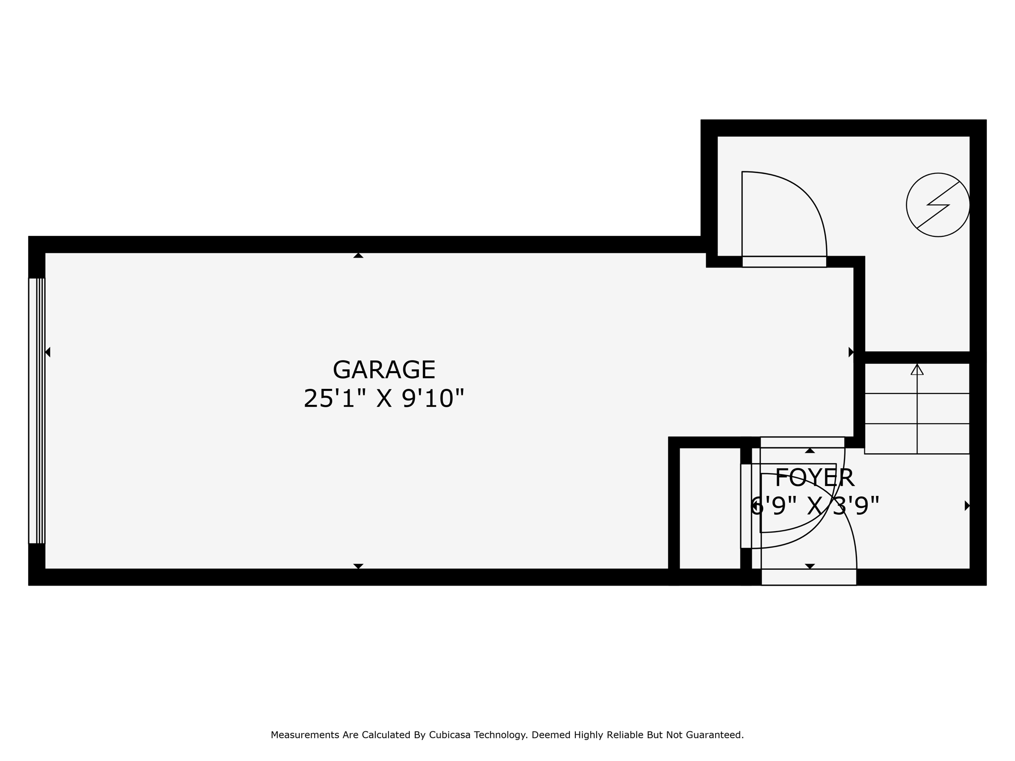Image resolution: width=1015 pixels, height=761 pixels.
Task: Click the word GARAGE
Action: (384, 370)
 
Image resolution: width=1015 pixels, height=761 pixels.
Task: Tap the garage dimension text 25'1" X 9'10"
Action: (384, 398)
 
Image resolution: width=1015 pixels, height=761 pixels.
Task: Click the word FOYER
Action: (814, 478)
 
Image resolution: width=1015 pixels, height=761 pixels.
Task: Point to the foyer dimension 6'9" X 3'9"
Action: (815, 506)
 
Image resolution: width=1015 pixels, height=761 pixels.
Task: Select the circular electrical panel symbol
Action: (938, 205)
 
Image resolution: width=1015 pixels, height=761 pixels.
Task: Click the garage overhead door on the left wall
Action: (37, 411)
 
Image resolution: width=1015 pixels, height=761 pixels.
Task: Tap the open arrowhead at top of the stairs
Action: (917, 370)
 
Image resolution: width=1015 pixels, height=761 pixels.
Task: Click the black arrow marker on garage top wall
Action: (358, 256)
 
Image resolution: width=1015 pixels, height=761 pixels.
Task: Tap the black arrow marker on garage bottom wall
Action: (358, 566)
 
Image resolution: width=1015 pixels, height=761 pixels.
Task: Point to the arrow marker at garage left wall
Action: (48, 352)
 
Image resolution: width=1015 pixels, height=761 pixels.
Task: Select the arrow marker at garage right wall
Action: (851, 352)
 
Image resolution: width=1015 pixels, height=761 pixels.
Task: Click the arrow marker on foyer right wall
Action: (967, 506)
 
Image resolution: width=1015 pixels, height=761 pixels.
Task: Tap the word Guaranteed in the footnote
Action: (716, 735)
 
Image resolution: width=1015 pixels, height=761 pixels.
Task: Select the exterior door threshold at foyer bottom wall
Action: (809, 577)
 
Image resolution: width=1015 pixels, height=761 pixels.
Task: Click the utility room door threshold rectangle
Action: (784, 262)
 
